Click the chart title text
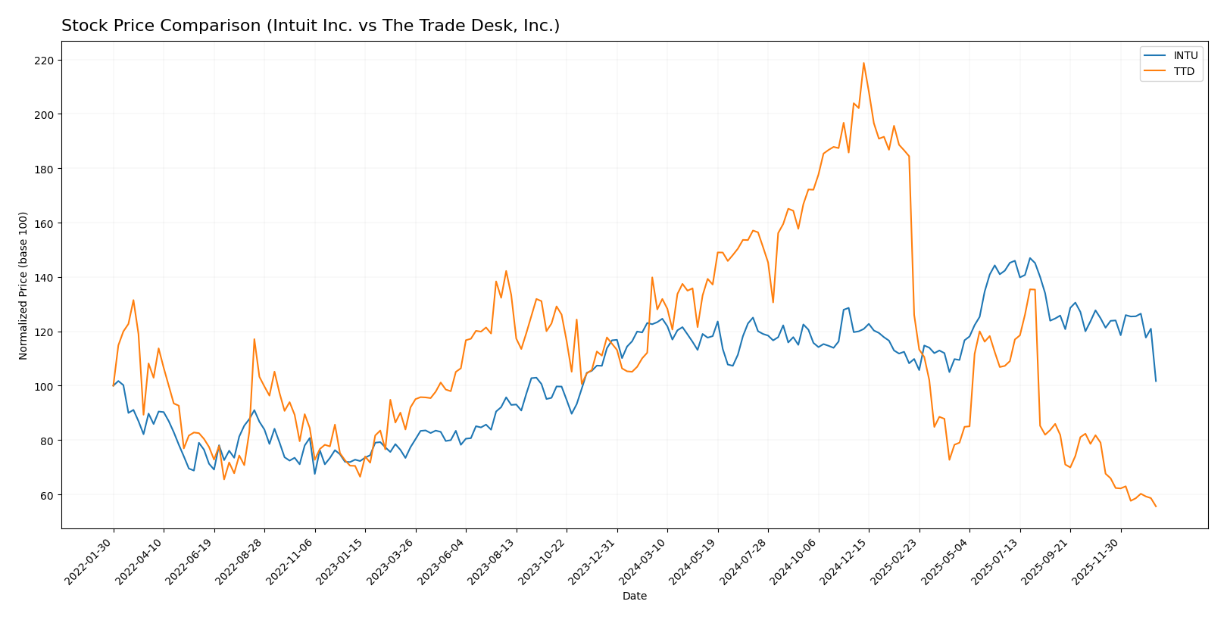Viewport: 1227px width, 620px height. tap(311, 26)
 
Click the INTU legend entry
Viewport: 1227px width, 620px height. tap(1185, 55)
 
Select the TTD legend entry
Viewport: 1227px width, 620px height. tap(1184, 72)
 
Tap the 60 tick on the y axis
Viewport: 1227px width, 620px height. tap(48, 495)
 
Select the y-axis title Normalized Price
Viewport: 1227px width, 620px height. tap(23, 285)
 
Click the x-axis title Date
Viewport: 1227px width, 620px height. tap(634, 597)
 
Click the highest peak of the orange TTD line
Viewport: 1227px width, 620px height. tap(863, 63)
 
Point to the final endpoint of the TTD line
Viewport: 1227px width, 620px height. tap(1156, 506)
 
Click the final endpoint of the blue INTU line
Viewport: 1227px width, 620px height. tap(1156, 381)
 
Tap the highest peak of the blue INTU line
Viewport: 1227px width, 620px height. tap(1029, 258)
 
